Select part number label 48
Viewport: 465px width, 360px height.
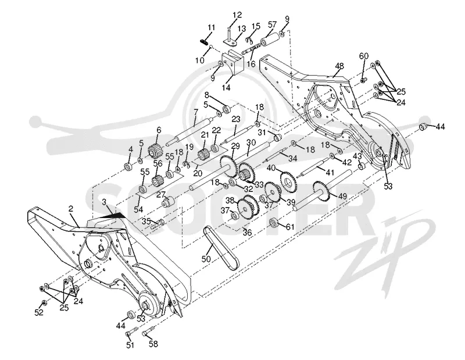pyautogui.click(x=339, y=66)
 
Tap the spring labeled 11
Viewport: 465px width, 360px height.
pyautogui.click(x=203, y=42)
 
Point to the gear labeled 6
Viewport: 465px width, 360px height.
pyautogui.click(x=155, y=151)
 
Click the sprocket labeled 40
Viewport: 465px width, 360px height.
pyautogui.click(x=287, y=179)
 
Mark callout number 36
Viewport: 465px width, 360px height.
pyautogui.click(x=247, y=232)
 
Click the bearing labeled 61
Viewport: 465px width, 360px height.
pyautogui.click(x=274, y=223)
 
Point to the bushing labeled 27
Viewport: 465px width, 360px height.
pyautogui.click(x=167, y=202)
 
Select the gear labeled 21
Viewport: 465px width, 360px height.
pyautogui.click(x=203, y=154)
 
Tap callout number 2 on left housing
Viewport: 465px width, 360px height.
pyautogui.click(x=70, y=209)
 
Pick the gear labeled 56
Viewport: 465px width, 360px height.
pyautogui.click(x=158, y=180)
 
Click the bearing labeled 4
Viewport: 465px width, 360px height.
pyautogui.click(x=128, y=167)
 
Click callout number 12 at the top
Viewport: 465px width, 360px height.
pyautogui.click(x=237, y=15)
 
